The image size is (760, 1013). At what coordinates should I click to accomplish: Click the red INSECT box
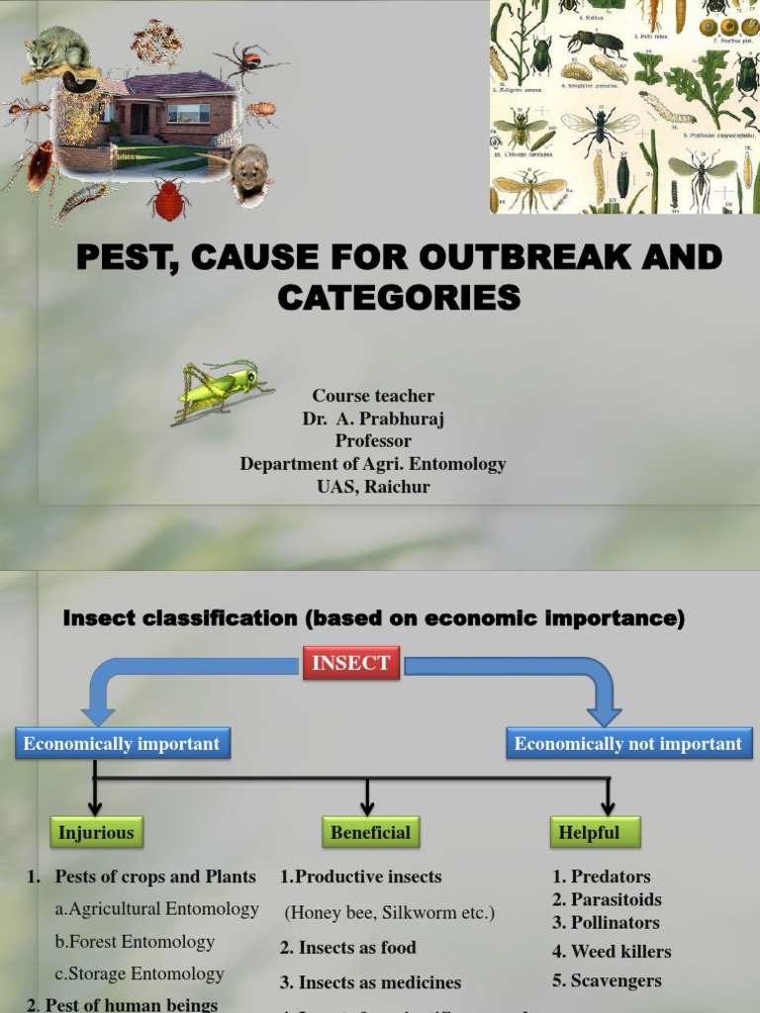pos(351,663)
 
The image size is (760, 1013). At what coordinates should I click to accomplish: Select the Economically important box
pos(122,744)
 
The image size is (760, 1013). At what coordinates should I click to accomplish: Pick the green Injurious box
pos(95,832)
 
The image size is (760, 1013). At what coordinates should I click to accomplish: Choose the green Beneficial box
pos(371,832)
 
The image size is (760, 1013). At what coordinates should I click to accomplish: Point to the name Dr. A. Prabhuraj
pos(373,418)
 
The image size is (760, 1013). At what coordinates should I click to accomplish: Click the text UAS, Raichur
pos(373,486)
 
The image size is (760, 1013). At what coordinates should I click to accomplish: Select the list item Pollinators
pos(606,922)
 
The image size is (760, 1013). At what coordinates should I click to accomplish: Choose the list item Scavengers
pos(607,981)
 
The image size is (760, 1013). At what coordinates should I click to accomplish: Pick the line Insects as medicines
pos(370,982)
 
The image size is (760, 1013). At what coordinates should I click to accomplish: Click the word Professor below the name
pos(373,441)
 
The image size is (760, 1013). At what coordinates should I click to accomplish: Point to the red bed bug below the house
pos(169,200)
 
